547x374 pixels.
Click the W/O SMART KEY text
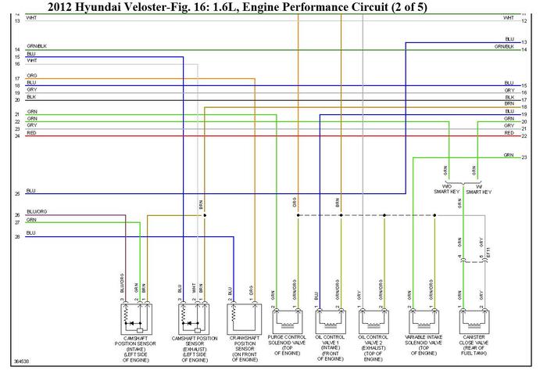click(448, 189)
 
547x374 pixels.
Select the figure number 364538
click(23, 362)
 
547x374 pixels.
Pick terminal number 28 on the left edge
click(16, 236)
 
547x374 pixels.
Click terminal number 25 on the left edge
click(16, 193)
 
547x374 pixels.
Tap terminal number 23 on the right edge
click(524, 158)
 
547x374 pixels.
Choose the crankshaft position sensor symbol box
click(242, 317)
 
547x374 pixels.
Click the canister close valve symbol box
click(472, 318)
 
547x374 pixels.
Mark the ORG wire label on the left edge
click(31, 76)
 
